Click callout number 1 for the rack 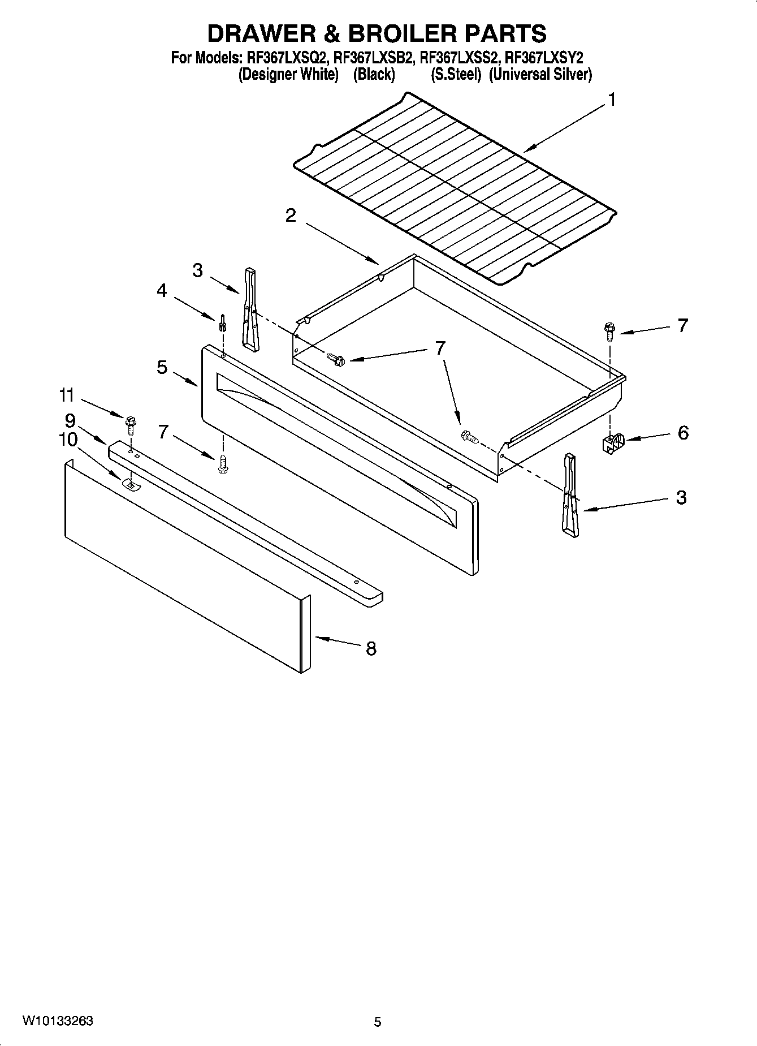(x=611, y=100)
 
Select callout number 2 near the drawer (x=290, y=216)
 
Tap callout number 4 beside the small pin (x=162, y=291)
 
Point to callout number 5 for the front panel (x=162, y=368)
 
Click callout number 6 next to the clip (x=683, y=433)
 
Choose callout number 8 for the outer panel (x=371, y=648)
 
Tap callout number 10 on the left (x=68, y=440)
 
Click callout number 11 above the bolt (x=67, y=395)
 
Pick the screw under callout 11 (x=131, y=424)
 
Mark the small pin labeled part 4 (x=223, y=324)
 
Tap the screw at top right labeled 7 (x=609, y=331)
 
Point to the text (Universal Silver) (x=540, y=75)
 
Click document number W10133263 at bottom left (x=58, y=1021)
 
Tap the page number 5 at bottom (x=378, y=1022)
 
